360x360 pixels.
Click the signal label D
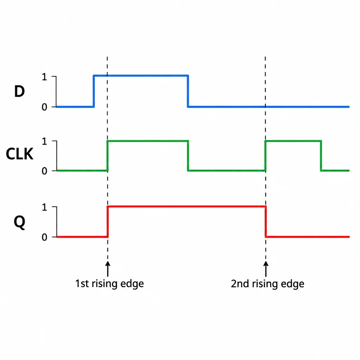tap(20, 91)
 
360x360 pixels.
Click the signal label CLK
tap(20, 154)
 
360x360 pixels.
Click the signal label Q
tap(20, 222)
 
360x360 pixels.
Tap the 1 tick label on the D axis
tap(44, 77)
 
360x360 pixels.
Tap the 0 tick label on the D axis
tap(44, 107)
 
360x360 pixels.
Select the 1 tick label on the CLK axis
tap(44, 141)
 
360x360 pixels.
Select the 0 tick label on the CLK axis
tap(44, 171)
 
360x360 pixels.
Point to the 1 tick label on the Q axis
tap(44, 207)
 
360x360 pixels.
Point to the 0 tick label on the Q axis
tap(44, 237)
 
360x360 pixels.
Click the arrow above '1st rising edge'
tap(108, 269)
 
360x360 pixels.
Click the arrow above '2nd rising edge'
tap(266, 269)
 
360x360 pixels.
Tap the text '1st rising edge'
tap(110, 284)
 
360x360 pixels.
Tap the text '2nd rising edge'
tap(268, 284)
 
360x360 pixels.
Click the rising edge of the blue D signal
tap(94, 91)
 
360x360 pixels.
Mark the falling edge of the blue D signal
tap(188, 91)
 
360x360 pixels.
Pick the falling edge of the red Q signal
tap(266, 222)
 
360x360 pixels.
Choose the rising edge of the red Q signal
tap(108, 222)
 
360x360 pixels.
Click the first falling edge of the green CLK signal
tap(188, 156)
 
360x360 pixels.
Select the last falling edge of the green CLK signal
tap(321, 156)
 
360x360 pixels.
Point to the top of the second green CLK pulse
tap(293, 141)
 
